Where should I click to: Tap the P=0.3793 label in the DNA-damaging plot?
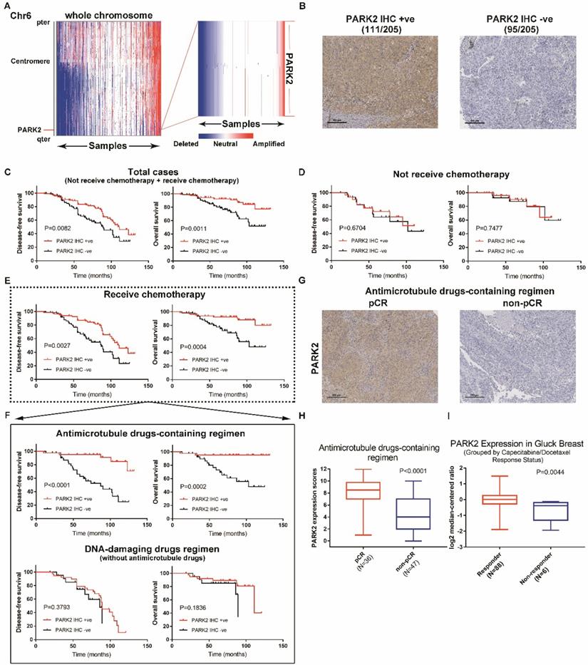pyautogui.click(x=54, y=607)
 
